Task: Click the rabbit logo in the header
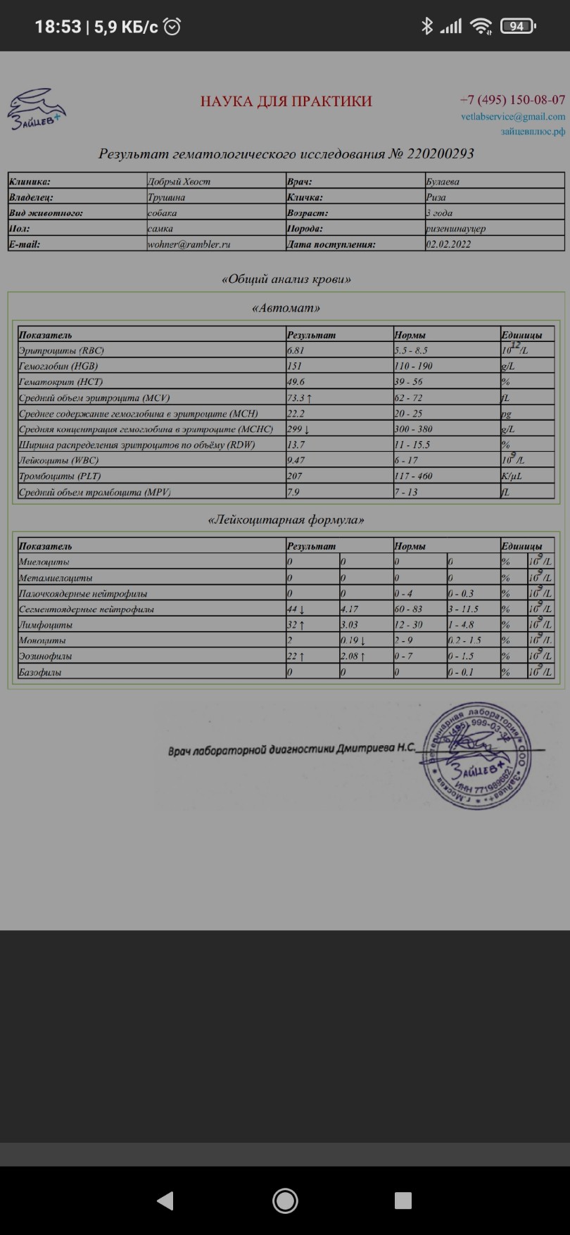37,108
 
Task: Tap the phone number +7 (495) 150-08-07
512,100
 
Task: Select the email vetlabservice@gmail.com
513,117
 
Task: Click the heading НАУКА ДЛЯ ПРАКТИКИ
286,101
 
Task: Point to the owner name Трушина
166,197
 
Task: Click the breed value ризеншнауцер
455,228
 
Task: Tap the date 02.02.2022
448,244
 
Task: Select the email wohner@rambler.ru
189,244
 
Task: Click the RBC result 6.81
296,350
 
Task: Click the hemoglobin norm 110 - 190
413,366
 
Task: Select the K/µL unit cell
512,476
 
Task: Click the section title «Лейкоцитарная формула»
286,520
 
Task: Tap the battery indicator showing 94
517,27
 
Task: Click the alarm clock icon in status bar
172,27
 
